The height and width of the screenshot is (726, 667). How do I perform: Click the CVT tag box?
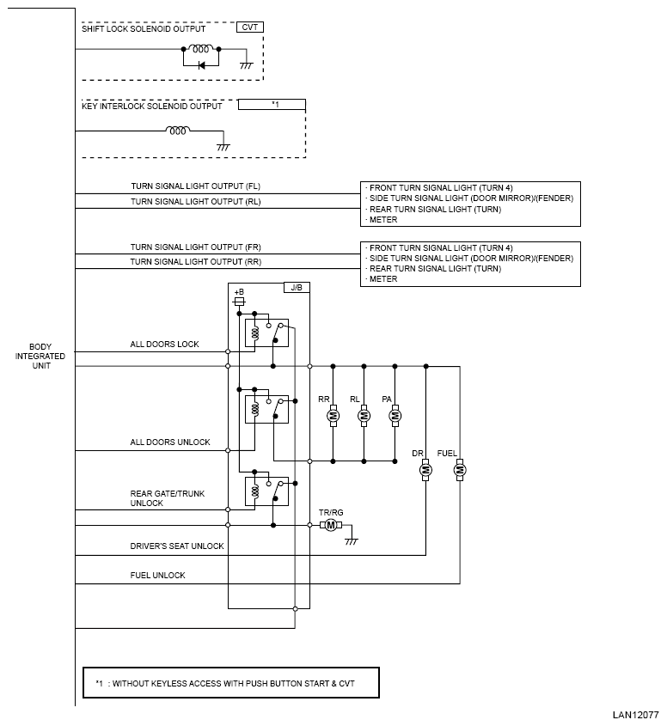click(x=249, y=27)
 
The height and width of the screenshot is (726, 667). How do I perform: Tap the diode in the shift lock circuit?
click(x=201, y=65)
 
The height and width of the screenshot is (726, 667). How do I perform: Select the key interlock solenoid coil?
click(x=178, y=130)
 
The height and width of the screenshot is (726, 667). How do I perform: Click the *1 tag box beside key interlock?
click(x=272, y=105)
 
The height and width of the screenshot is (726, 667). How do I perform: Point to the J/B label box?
click(x=297, y=288)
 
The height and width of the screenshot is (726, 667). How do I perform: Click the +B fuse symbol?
click(x=239, y=302)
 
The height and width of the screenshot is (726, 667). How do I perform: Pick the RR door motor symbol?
click(x=333, y=415)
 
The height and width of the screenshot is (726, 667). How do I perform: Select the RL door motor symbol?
click(x=364, y=415)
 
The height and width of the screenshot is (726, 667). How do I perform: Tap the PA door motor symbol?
click(x=395, y=415)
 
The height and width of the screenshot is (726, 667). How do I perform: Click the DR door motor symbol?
click(x=425, y=470)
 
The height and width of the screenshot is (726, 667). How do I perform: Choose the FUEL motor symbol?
click(x=460, y=470)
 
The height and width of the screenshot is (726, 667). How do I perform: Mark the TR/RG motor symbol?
click(x=331, y=525)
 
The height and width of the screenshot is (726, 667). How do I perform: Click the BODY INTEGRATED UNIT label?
click(x=40, y=356)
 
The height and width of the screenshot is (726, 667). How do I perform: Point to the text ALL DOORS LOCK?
click(x=164, y=344)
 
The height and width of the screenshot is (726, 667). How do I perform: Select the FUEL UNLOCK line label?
click(x=157, y=575)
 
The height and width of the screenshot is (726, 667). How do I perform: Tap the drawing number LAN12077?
click(x=635, y=715)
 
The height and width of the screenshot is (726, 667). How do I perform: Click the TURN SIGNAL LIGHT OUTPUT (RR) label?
click(x=195, y=261)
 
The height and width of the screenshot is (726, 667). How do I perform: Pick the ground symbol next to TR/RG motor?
click(x=352, y=540)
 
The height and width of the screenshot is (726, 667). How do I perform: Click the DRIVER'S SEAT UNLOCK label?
click(x=177, y=546)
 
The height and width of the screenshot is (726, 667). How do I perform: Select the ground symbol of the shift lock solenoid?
click(x=247, y=65)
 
